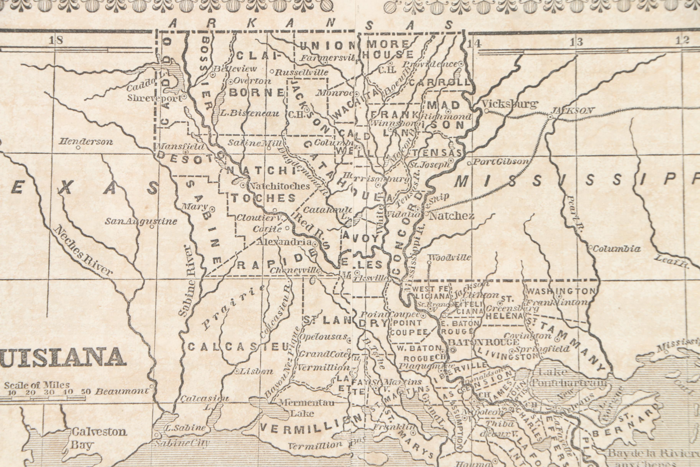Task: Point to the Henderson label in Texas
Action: point(86,142)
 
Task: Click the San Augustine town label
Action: point(141,221)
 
